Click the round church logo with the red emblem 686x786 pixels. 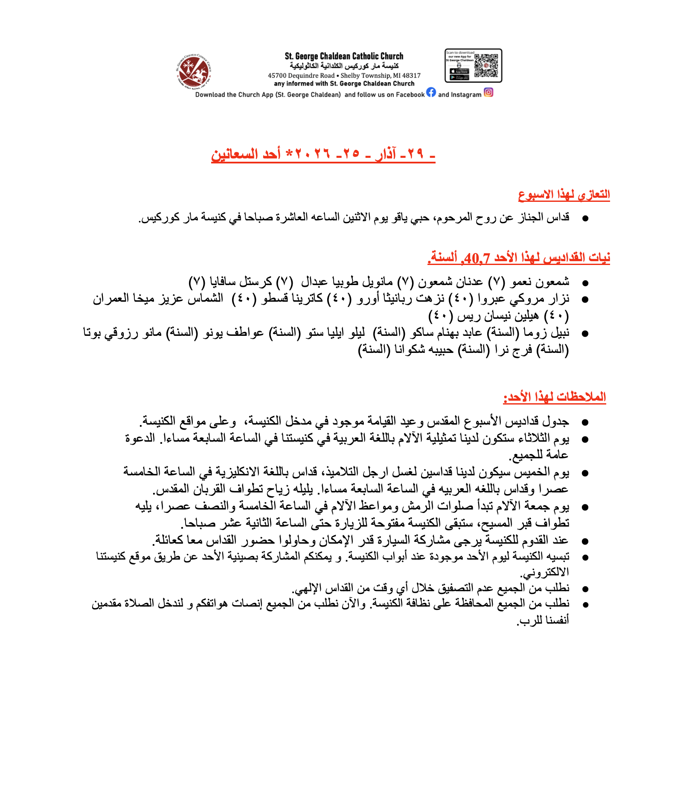coord(194,71)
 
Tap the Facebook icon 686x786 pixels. coord(431,92)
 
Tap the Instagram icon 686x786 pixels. coord(488,92)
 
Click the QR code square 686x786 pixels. coord(486,65)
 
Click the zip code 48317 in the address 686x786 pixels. coord(412,76)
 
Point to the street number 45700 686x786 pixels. coord(277,76)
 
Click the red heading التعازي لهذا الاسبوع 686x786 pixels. coord(564,195)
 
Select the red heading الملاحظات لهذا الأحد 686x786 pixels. coord(554,397)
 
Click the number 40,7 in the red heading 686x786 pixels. coord(477,258)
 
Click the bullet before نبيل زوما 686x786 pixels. coord(585,334)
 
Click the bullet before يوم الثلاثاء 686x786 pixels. coord(585,439)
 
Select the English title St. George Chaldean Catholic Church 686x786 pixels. coord(344,56)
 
